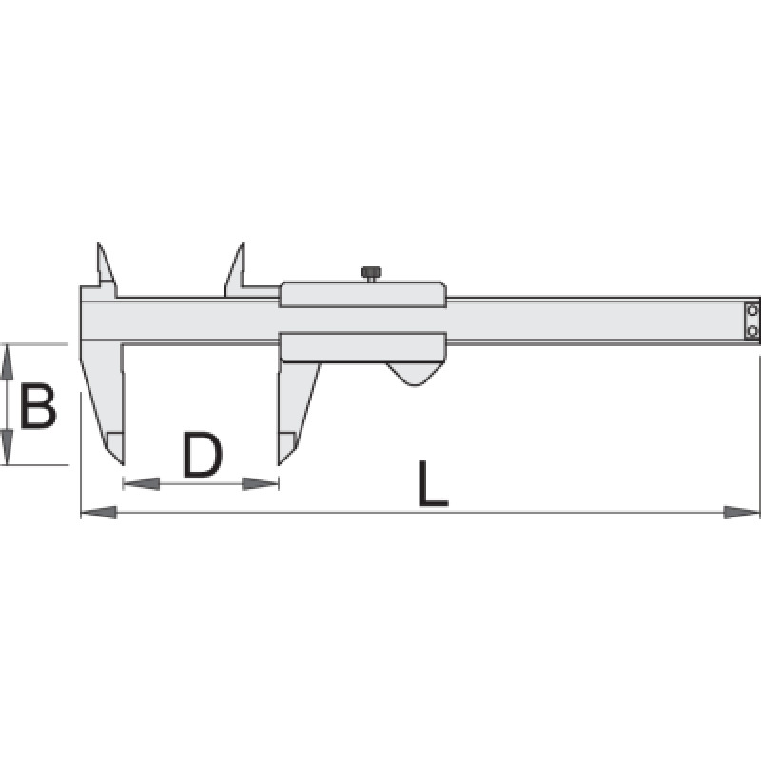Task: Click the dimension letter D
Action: (203, 455)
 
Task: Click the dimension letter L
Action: (433, 483)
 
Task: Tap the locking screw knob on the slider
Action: (371, 273)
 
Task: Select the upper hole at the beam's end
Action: (752, 310)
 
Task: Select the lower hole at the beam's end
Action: (752, 331)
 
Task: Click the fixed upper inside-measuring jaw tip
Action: (99, 243)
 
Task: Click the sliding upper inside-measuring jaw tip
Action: (243, 243)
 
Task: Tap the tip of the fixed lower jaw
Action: (123, 463)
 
